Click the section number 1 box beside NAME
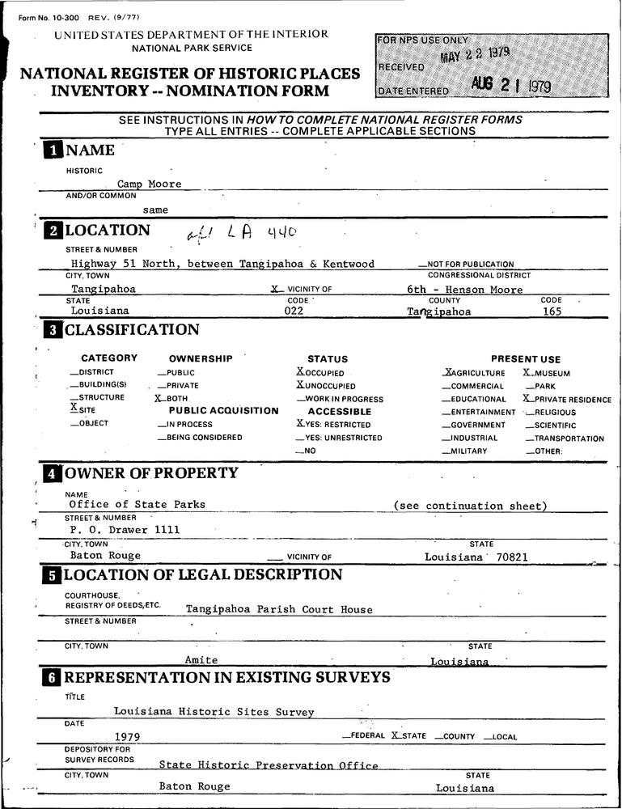pyautogui.click(x=53, y=150)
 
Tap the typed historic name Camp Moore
pyautogui.click(x=150, y=184)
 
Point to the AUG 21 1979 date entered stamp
pyautogui.click(x=511, y=87)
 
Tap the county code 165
pyautogui.click(x=551, y=310)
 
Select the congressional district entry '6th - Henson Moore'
pyautogui.click(x=464, y=290)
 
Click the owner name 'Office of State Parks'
pyautogui.click(x=137, y=505)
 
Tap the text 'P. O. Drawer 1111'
pyautogui.click(x=125, y=530)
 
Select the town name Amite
pyautogui.click(x=201, y=660)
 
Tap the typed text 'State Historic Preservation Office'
pyautogui.click(x=269, y=765)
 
